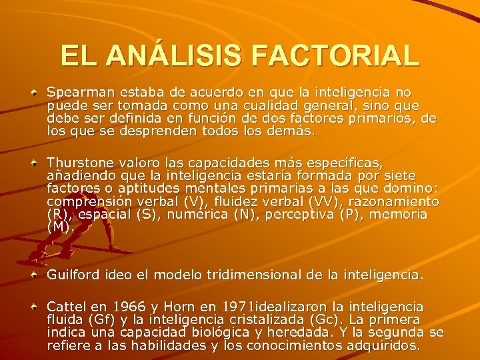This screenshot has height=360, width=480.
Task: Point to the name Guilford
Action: (69, 275)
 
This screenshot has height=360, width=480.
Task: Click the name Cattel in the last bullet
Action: (65, 307)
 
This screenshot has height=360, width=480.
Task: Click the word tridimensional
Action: (265, 275)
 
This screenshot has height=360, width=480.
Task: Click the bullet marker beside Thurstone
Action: (33, 162)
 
